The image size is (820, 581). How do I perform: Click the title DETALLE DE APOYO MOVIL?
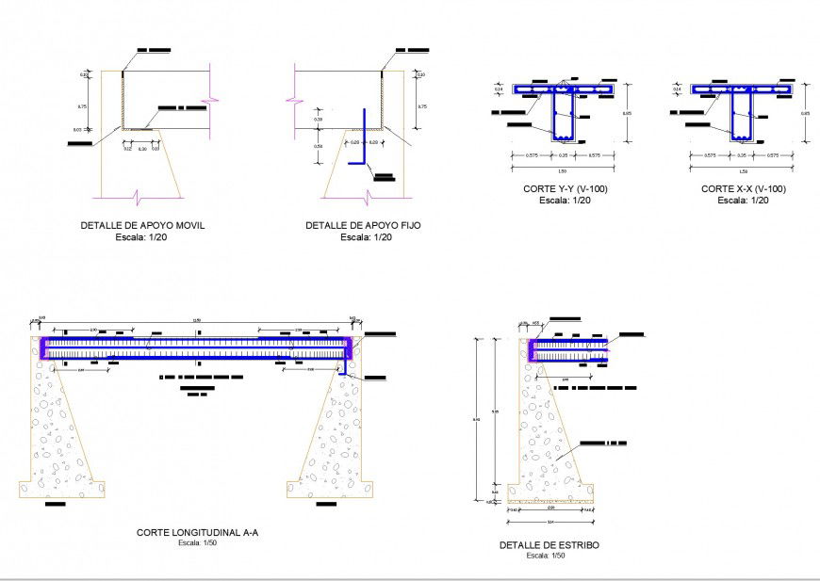click(x=142, y=226)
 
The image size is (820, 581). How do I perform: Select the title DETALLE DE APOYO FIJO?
click(x=363, y=226)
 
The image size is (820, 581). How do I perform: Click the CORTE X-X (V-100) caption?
click(x=743, y=189)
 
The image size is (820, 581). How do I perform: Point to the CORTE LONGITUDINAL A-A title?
click(x=197, y=533)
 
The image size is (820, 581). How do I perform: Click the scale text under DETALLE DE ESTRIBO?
click(x=546, y=556)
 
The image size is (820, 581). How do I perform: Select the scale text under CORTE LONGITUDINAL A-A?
click(x=197, y=543)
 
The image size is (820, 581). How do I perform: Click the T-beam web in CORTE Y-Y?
click(x=565, y=119)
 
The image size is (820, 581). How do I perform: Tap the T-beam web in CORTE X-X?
click(x=743, y=119)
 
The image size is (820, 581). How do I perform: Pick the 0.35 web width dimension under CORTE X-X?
click(x=742, y=155)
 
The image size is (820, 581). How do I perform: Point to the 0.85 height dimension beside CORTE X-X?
click(x=804, y=114)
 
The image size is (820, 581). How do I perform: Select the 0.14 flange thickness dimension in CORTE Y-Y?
click(x=497, y=90)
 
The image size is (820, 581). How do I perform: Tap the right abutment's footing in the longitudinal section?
click(x=335, y=489)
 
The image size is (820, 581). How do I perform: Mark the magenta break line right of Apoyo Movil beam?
click(x=216, y=98)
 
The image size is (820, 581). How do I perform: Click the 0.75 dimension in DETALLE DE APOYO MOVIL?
click(x=83, y=106)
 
